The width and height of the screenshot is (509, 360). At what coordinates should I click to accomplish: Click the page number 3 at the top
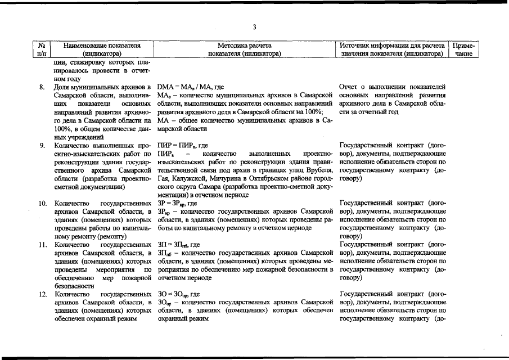click(x=254, y=27)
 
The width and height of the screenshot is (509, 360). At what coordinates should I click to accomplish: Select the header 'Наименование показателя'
click(x=102, y=44)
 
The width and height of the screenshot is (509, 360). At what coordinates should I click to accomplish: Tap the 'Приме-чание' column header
click(x=465, y=49)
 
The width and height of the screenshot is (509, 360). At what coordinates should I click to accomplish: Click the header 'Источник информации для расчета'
click(x=392, y=44)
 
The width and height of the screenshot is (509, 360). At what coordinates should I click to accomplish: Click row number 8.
click(x=42, y=87)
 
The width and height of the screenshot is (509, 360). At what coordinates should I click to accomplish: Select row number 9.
click(x=42, y=145)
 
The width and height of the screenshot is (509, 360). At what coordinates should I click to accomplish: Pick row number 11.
click(x=42, y=245)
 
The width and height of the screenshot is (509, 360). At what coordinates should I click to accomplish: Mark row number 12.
click(x=42, y=294)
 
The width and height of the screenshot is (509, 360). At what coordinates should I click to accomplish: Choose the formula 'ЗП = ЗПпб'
click(x=175, y=245)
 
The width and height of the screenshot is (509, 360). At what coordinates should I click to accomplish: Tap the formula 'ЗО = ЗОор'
click(x=175, y=294)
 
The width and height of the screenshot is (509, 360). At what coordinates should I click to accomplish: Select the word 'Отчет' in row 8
click(x=350, y=87)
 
